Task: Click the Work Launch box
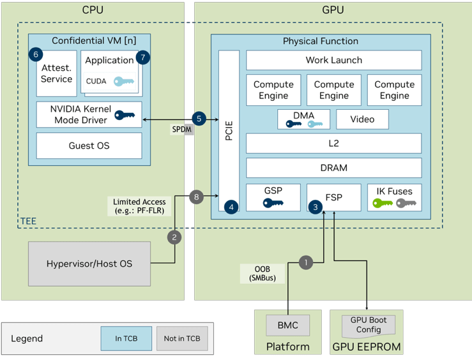[x=333, y=60]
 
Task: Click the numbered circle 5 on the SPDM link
[x=199, y=119]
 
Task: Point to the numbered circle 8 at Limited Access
[x=197, y=197]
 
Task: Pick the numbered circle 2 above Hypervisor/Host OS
[x=174, y=237]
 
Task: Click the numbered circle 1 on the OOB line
[x=307, y=262]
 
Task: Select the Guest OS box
[x=89, y=146]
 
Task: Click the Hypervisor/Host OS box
[x=89, y=264]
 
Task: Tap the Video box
[x=362, y=119]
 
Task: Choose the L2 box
[x=333, y=144]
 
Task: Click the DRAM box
[x=333, y=168]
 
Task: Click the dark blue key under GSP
[x=273, y=204]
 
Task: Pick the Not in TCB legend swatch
[x=181, y=338]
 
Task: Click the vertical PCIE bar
[x=229, y=131]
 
